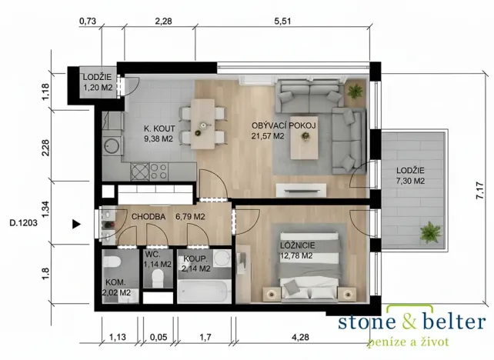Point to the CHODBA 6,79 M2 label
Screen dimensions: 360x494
point(168,217)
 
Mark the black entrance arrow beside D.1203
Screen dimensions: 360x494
point(75,225)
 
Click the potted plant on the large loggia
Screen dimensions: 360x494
point(429,230)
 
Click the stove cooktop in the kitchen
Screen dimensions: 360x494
point(158,169)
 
